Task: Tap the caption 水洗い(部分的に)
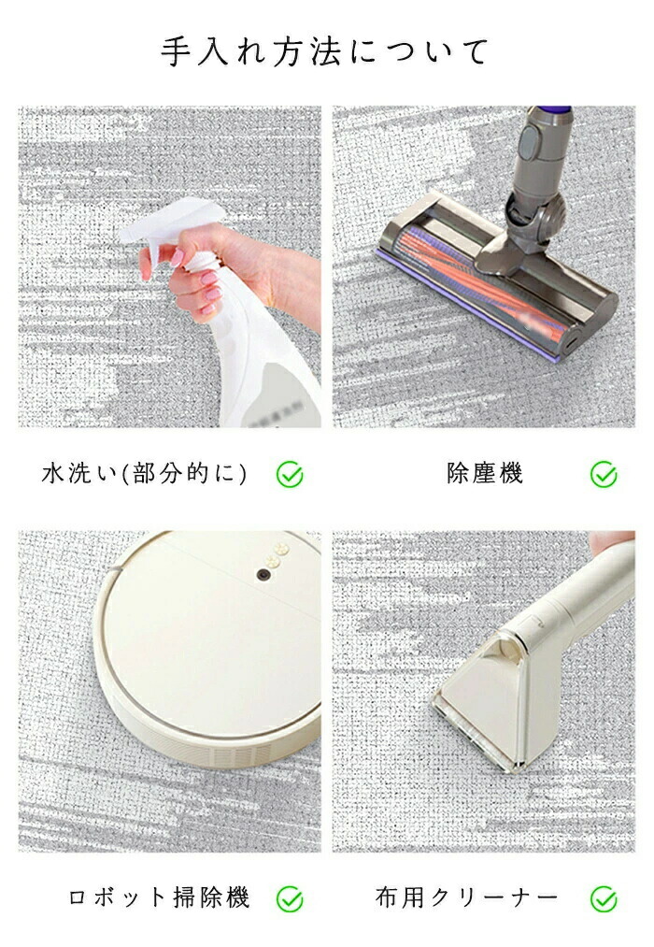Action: pos(145,473)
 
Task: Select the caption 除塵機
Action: pos(485,473)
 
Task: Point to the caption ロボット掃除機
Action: pos(159,897)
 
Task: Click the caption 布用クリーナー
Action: pos(467,897)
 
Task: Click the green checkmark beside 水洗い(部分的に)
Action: pos(290,475)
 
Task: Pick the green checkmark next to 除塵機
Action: pos(604,475)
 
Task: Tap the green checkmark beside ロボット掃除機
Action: pos(290,898)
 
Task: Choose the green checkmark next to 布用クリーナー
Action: pos(604,898)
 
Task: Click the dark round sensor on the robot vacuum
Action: pos(263,574)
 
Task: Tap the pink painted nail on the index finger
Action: pos(178,258)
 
